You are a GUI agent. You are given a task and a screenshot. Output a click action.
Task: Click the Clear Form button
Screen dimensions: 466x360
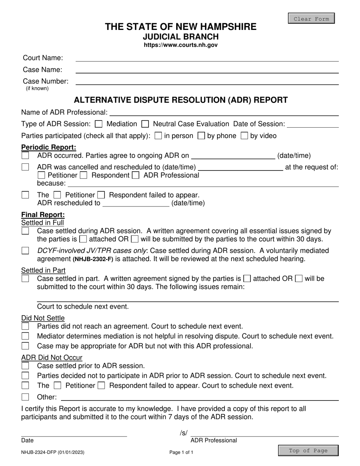[311, 19]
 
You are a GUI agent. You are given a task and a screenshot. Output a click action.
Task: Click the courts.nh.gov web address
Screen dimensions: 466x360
[180, 45]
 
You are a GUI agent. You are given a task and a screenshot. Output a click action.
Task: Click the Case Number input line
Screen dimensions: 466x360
[207, 81]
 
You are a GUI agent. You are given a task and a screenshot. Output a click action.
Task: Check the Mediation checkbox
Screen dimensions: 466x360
[99, 124]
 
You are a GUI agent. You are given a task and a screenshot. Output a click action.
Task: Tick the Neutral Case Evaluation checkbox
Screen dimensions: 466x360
[145, 124]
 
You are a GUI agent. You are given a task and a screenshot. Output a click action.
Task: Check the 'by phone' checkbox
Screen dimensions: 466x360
[202, 136]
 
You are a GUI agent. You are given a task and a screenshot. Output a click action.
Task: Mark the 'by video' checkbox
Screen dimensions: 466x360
[245, 136]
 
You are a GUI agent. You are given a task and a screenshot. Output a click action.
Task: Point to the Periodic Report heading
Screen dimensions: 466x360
[49, 147]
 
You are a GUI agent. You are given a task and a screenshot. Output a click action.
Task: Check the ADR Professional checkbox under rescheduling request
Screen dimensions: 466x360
[135, 175]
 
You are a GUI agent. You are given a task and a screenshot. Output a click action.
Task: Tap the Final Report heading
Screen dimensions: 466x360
[43, 215]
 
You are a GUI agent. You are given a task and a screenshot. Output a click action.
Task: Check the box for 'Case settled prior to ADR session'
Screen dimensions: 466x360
[25, 366]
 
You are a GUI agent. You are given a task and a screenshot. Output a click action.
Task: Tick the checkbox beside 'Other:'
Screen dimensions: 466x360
[25, 397]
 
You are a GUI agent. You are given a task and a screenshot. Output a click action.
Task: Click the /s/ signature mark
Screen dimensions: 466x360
[184, 433]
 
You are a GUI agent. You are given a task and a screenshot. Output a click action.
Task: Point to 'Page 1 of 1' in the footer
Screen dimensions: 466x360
[181, 452]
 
